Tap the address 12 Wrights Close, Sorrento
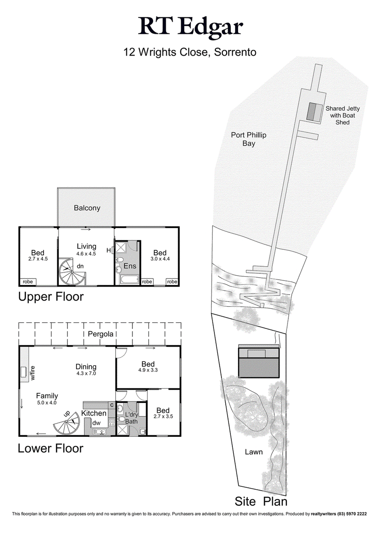pyautogui.click(x=190, y=52)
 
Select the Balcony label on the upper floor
pyautogui.click(x=87, y=208)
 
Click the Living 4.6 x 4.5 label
pyautogui.click(x=86, y=249)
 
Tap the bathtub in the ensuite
pyautogui.click(x=127, y=280)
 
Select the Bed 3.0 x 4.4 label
pyautogui.click(x=160, y=256)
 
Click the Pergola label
pyautogui.click(x=100, y=334)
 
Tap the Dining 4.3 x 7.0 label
pyautogui.click(x=86, y=369)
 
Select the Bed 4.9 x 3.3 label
pyautogui.click(x=148, y=367)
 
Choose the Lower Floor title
pyautogui.click(x=50, y=448)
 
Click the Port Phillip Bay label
pyautogui.click(x=248, y=139)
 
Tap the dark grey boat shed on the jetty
pyautogui.click(x=312, y=111)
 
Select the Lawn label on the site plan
pyautogui.click(x=254, y=452)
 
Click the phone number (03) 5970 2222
pyautogui.click(x=356, y=514)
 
